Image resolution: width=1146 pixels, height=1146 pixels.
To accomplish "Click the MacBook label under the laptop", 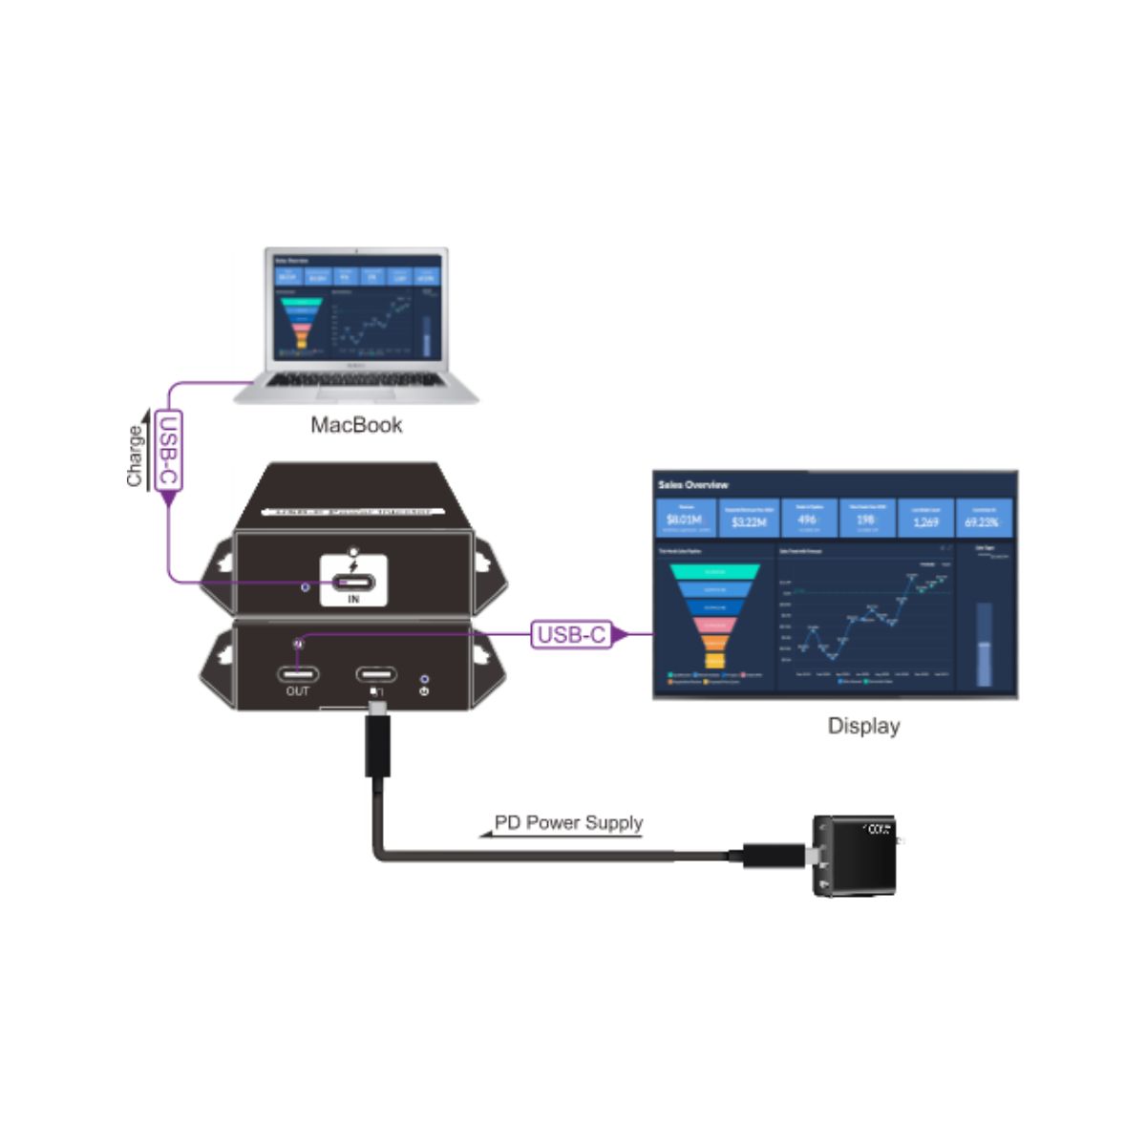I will [356, 425].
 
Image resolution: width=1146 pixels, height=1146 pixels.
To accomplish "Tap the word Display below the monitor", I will [863, 726].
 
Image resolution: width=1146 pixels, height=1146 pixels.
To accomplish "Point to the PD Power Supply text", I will [568, 823].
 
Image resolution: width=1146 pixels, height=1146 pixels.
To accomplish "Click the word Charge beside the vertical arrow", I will [136, 456].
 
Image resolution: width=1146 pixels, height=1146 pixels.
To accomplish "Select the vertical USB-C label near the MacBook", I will [167, 452].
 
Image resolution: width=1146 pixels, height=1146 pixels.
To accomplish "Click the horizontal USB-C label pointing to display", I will [571, 634].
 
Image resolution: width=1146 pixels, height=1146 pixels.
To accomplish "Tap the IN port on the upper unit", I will [353, 584].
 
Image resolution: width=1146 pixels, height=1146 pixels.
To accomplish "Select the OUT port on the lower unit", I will [298, 674].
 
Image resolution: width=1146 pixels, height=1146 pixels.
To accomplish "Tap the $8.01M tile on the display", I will [688, 519].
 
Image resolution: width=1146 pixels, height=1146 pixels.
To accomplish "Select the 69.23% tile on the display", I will [981, 519].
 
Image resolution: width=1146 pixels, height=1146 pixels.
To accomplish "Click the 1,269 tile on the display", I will [923, 519].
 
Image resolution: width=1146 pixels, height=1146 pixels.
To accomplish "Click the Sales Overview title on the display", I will [692, 485].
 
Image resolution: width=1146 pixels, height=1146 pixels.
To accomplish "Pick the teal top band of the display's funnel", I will [713, 570].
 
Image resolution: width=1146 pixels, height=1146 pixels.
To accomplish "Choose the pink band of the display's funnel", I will [713, 626].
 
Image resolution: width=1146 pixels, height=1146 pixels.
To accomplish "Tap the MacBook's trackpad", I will [355, 394].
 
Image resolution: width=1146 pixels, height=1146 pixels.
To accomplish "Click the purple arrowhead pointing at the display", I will [619, 634].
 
